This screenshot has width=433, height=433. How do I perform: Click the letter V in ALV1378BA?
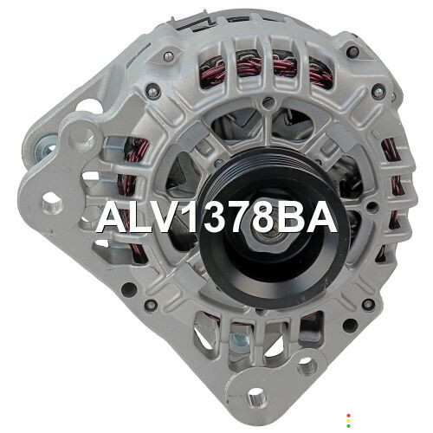coord(165,217)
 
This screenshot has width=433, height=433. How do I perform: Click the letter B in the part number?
coord(288,217)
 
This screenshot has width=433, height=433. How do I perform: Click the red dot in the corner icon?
coord(348,416)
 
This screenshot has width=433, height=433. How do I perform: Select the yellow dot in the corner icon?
coord(348,421)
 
